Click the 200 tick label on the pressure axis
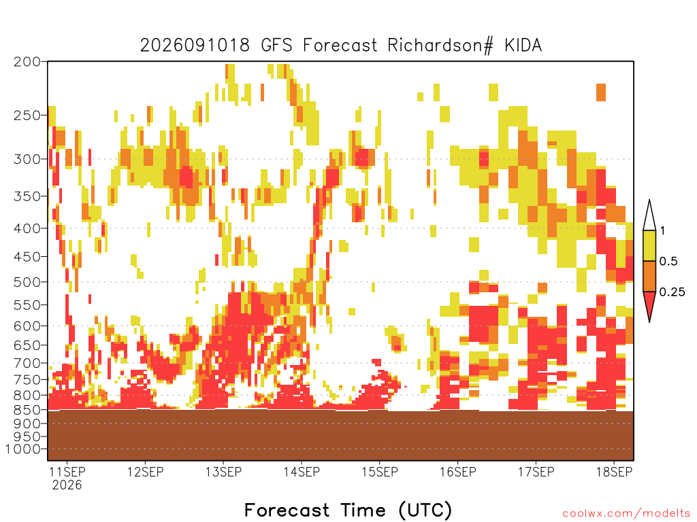tap(27, 62)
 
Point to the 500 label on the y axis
tap(27, 282)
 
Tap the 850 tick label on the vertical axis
tap(27, 410)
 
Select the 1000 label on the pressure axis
tap(22, 449)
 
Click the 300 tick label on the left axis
tap(27, 159)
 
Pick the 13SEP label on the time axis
tap(223, 472)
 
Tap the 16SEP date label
tap(458, 472)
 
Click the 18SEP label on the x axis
tap(614, 472)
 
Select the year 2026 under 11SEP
tap(67, 485)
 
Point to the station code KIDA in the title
tap(523, 46)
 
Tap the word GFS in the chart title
tap(276, 46)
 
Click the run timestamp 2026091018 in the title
tap(195, 46)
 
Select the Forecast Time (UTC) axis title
tap(348, 510)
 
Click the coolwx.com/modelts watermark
tap(626, 514)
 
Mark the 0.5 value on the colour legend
tap(668, 262)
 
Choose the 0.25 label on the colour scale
tap(672, 292)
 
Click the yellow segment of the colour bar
tap(649, 245)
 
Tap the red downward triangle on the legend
tap(649, 304)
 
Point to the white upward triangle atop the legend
tap(649, 217)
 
